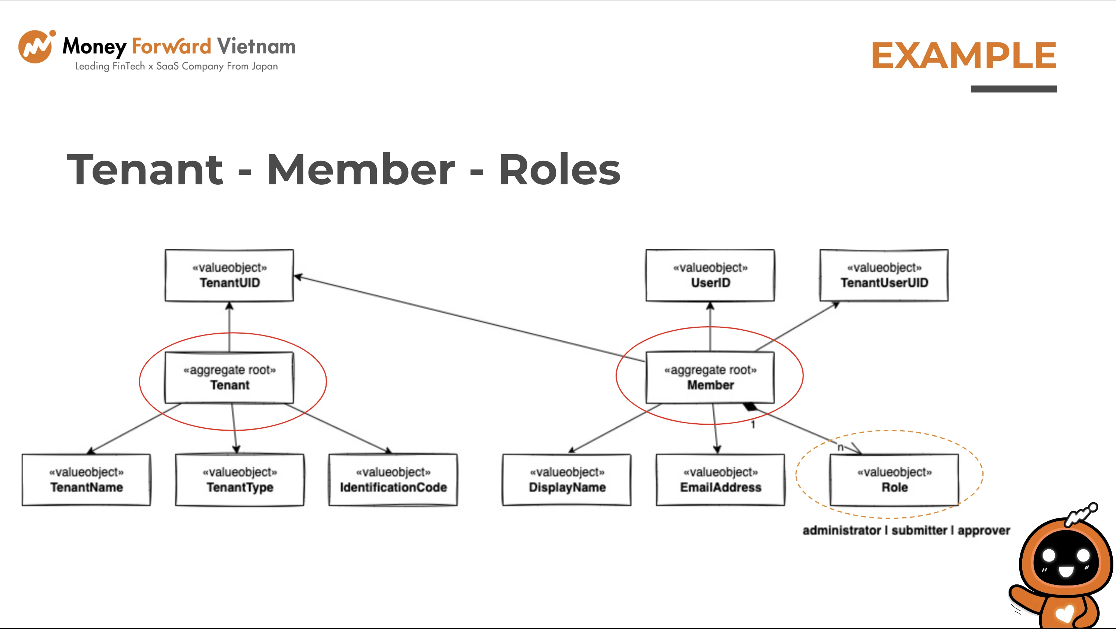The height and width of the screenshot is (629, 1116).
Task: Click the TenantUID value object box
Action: tap(229, 275)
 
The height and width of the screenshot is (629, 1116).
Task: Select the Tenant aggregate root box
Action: tap(229, 378)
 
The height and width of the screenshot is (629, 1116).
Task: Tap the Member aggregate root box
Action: tap(710, 378)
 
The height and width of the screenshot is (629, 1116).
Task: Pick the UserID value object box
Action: tap(710, 275)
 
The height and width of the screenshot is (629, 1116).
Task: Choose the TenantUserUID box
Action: tap(884, 275)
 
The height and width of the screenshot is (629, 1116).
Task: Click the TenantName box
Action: tap(86, 480)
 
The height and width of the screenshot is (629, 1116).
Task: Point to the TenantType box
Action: tap(240, 480)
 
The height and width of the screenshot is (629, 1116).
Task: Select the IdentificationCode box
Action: tap(393, 480)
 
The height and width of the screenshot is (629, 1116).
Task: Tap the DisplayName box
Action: tap(566, 480)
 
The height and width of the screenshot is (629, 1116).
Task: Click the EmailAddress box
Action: tap(720, 480)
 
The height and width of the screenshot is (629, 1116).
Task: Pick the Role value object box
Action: tap(894, 480)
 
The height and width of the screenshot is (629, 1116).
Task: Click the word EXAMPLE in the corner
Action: tap(964, 55)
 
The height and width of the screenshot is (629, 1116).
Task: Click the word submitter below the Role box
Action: tap(919, 530)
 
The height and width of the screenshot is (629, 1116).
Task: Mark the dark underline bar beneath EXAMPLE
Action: tap(1014, 89)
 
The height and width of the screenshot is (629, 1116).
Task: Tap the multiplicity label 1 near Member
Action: tap(753, 425)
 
